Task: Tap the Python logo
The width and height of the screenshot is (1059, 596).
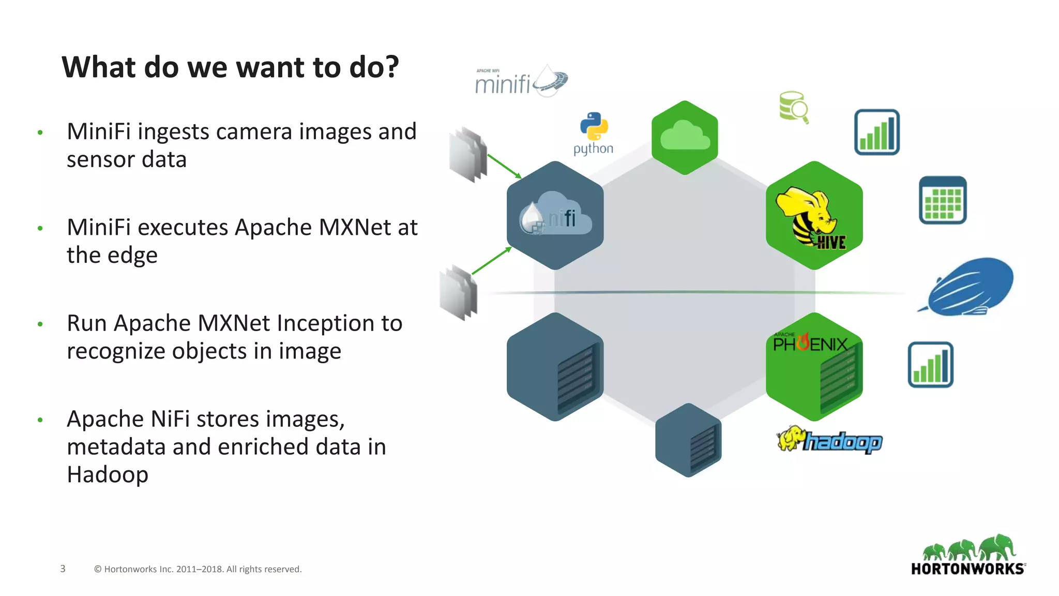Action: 594,132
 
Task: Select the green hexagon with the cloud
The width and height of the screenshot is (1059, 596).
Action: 685,138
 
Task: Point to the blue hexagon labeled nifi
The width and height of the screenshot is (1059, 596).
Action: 555,216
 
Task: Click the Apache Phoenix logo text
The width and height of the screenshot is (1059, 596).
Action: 810,344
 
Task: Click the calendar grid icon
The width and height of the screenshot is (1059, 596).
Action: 942,200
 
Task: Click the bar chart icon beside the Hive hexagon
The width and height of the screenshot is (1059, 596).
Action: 876,132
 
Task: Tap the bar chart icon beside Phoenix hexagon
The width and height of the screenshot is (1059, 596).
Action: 930,365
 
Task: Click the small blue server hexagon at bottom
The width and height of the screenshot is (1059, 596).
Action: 688,440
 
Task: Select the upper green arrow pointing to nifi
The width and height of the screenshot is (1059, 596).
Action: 504,166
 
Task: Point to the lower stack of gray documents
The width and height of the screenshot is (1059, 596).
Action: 459,292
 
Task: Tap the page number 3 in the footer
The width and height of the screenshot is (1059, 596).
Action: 63,569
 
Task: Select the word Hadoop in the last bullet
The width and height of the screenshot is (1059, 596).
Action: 108,475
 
